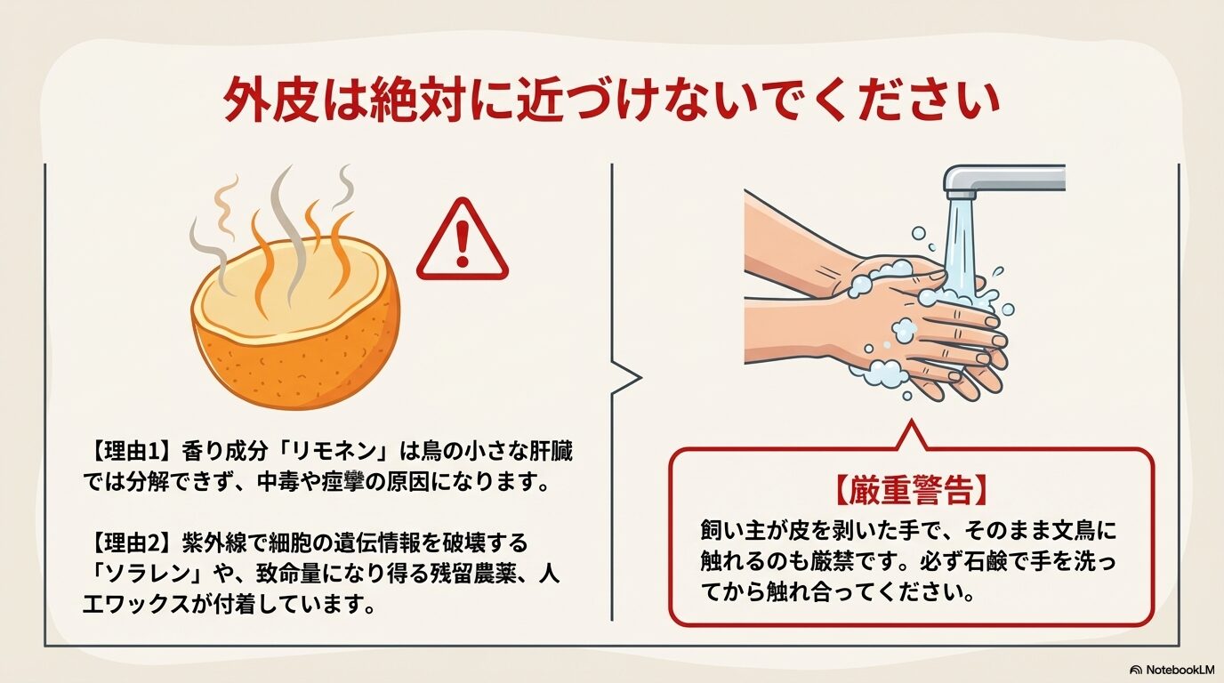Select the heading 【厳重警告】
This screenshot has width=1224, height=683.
911,490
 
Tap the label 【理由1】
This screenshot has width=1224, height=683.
130,453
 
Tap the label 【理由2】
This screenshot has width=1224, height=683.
130,543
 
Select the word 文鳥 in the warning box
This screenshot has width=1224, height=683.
1073,531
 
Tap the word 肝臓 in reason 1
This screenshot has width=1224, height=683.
551,453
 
